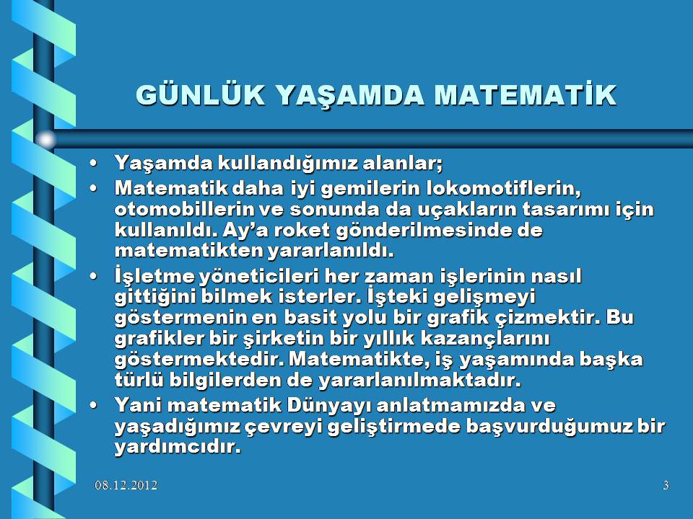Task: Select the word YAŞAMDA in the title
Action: pos(351,95)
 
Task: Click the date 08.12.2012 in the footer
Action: pos(126,485)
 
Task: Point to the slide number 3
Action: pos(666,485)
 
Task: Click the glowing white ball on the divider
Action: pos(45,140)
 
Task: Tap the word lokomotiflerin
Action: pos(504,188)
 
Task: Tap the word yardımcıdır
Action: pos(178,447)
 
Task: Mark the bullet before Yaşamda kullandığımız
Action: pos(93,164)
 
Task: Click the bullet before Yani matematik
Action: pos(93,405)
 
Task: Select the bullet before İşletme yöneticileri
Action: pos(93,276)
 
